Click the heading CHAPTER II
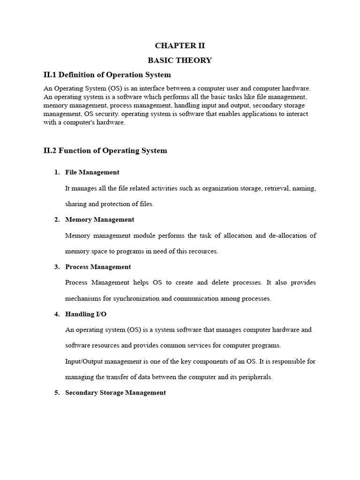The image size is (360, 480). pyautogui.click(x=180, y=45)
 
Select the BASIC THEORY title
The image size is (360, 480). pyautogui.click(x=180, y=60)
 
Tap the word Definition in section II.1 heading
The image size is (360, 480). pyautogui.click(x=82, y=75)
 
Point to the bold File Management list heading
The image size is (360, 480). pyautogui.click(x=92, y=172)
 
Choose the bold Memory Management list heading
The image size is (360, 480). pyautogui.click(x=100, y=219)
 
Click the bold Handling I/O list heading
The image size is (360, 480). pyautogui.click(x=86, y=314)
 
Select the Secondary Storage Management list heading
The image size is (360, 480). pyautogui.click(x=115, y=393)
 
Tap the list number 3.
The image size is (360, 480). pyautogui.click(x=57, y=267)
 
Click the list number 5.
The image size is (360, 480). pyautogui.click(x=57, y=393)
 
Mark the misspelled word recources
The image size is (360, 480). pyautogui.click(x=203, y=251)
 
